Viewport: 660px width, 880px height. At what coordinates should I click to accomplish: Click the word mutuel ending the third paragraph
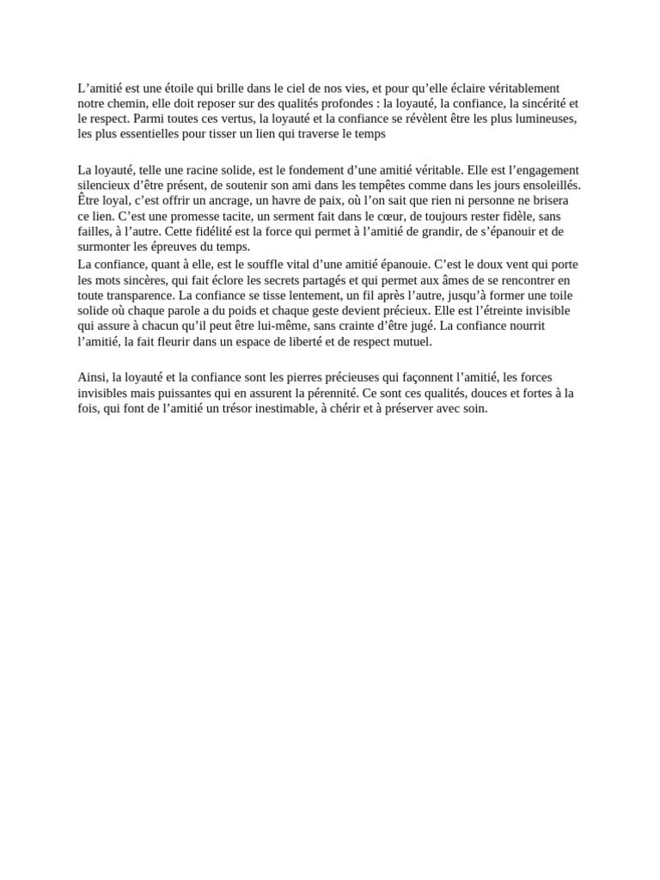tap(413, 341)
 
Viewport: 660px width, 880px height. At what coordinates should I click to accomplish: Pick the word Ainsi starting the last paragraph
tap(91, 377)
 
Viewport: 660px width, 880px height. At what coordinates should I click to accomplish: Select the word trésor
tap(263, 408)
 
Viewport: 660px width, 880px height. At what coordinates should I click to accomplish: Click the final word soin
tap(473, 408)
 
